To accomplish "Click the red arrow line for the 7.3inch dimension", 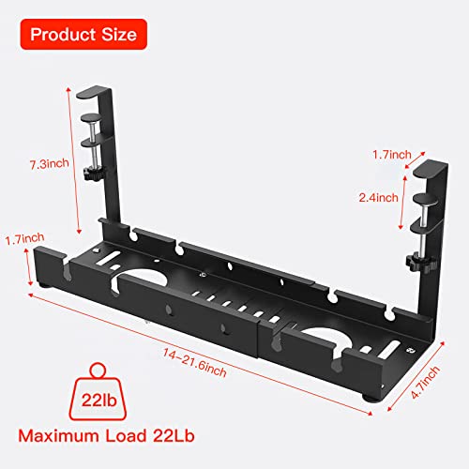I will click(x=69, y=159).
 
